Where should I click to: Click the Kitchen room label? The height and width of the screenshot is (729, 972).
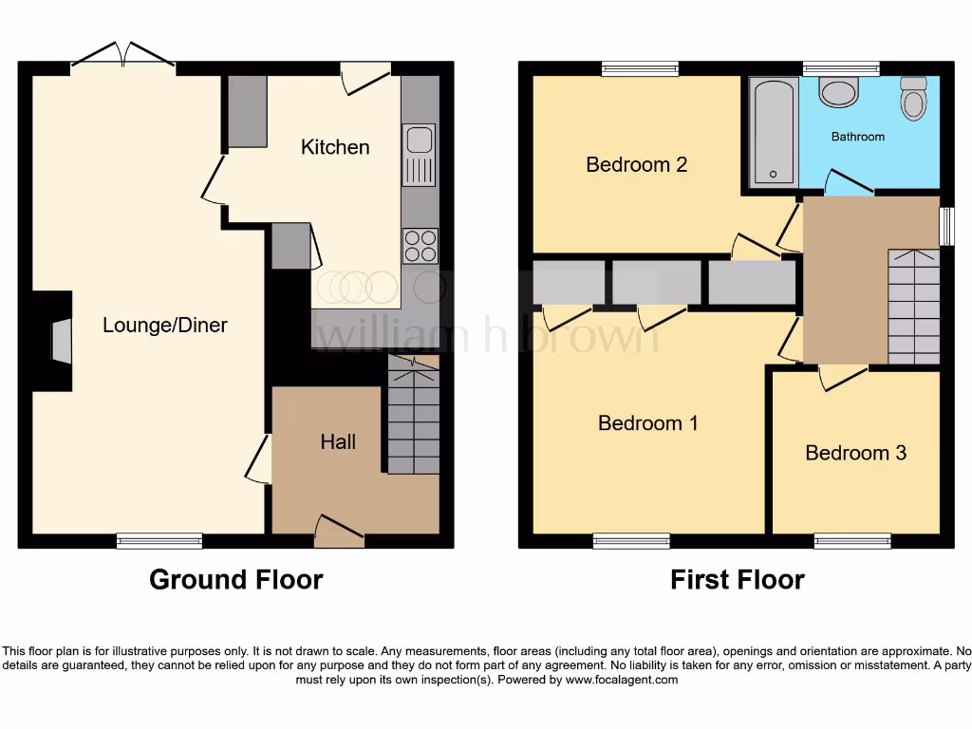[335, 147]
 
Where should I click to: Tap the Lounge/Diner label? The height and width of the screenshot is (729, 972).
[165, 326]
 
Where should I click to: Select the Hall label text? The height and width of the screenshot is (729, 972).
[338, 441]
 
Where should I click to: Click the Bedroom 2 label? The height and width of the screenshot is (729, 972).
[636, 164]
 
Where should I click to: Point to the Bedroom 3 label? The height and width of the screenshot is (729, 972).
[855, 453]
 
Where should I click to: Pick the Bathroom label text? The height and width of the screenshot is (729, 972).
[858, 137]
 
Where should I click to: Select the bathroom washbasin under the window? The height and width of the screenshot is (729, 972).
[839, 92]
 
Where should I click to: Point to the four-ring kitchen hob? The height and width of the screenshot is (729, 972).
[421, 247]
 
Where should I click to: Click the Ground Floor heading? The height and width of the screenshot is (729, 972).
[235, 579]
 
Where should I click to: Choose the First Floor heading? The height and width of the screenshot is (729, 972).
[738, 579]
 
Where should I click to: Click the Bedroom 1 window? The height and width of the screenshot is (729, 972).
[632, 541]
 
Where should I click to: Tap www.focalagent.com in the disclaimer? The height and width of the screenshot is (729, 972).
[624, 680]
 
